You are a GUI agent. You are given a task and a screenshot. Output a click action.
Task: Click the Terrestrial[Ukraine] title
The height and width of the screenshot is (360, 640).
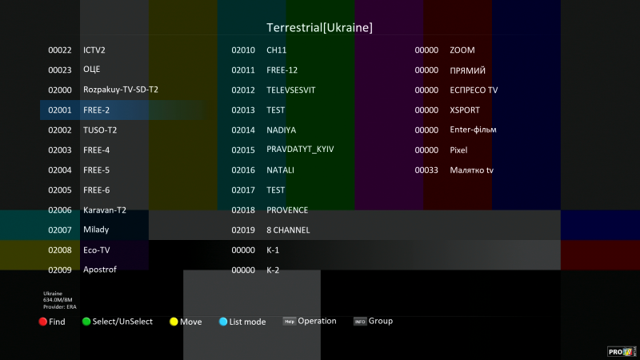[319, 28]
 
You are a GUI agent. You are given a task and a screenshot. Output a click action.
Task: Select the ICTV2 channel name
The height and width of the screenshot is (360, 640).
[94, 50]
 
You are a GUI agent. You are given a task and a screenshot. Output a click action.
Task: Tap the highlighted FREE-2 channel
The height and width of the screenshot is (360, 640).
[96, 110]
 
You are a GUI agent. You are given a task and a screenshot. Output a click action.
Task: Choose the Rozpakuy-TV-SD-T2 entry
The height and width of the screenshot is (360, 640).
[120, 90]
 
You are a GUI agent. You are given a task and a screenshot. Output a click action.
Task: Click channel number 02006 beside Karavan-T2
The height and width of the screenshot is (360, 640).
[60, 210]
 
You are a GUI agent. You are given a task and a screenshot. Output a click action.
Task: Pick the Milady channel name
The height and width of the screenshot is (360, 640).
[96, 230]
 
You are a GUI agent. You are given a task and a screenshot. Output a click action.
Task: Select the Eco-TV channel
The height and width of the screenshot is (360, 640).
[96, 250]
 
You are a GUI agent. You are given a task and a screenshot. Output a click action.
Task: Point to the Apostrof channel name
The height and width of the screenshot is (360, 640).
[100, 270]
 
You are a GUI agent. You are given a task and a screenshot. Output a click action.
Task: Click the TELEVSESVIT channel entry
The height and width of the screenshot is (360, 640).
[291, 90]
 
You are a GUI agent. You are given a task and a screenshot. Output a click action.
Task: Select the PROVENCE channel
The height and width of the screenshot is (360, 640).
[287, 210]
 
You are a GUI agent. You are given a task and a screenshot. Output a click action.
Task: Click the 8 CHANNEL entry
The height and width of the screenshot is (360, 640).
[288, 230]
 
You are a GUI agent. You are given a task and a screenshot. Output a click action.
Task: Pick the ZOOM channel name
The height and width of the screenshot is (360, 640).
[462, 50]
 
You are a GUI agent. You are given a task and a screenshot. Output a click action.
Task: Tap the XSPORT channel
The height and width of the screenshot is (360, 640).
[465, 110]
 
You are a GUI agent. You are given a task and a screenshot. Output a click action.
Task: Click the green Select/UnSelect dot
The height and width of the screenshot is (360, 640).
[86, 322]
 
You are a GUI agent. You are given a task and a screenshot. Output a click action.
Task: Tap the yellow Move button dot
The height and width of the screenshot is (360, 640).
[174, 322]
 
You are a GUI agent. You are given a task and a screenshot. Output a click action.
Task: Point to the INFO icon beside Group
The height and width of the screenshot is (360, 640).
[360, 322]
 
